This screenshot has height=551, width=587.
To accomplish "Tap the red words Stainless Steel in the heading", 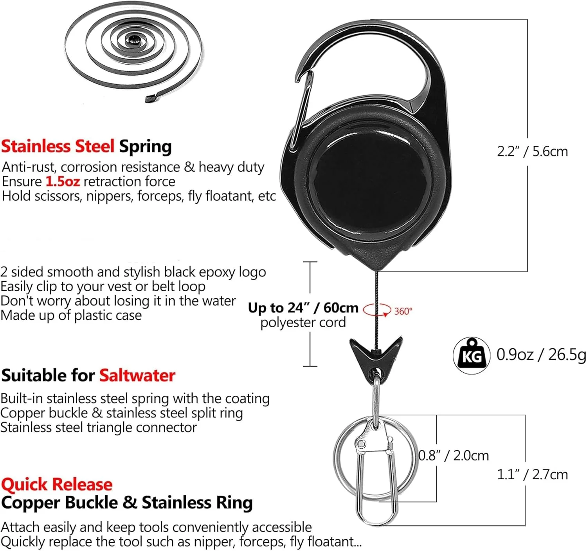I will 58,146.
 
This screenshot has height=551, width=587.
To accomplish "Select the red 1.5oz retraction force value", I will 63,181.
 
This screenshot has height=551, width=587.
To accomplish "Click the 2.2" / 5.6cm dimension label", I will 532,151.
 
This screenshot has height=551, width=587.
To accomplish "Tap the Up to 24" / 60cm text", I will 303,308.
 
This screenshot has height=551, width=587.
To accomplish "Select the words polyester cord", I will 303,323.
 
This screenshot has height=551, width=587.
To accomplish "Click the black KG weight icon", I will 472,355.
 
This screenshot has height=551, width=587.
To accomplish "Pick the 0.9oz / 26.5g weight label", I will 541,355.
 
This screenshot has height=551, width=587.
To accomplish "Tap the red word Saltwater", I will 137,375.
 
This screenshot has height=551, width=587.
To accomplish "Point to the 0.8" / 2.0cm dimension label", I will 454,455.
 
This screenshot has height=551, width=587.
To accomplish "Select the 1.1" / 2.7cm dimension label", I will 532,475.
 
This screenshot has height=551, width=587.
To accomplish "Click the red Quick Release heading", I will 57,484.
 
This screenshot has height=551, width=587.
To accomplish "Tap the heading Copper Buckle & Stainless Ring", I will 127,503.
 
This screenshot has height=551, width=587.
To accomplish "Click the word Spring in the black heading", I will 145,147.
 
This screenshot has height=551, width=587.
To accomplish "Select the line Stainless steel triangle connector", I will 98,428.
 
